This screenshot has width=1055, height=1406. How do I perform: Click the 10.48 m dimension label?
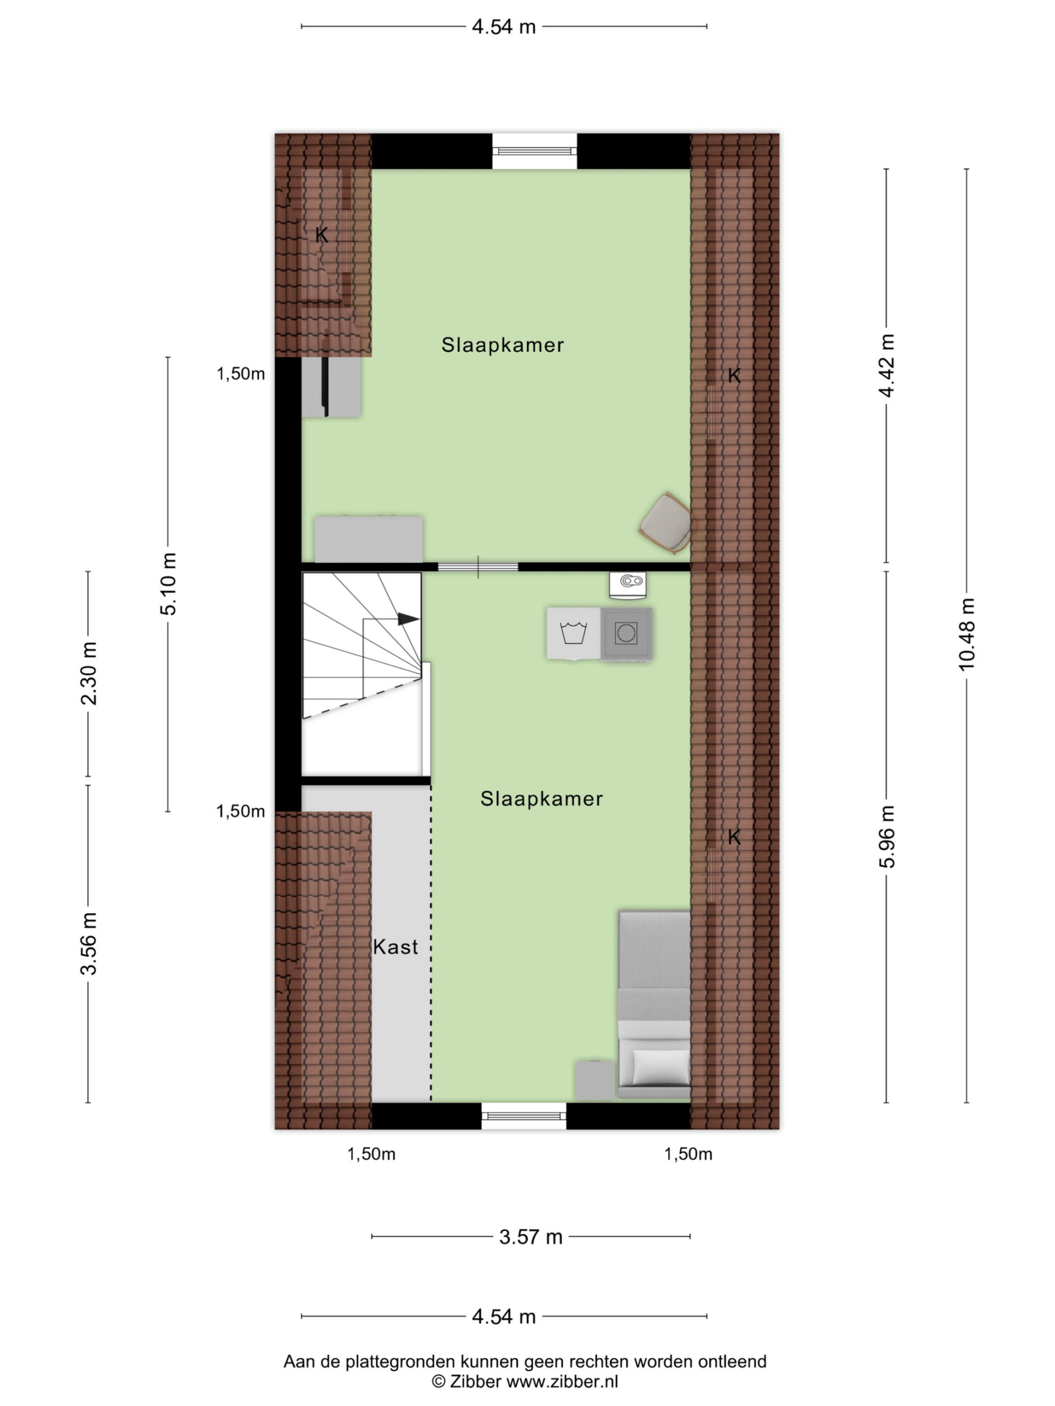(x=966, y=634)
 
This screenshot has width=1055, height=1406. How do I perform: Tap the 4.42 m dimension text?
(x=886, y=365)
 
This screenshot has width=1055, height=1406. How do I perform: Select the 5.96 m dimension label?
(x=886, y=836)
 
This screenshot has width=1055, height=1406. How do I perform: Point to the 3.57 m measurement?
(x=530, y=1237)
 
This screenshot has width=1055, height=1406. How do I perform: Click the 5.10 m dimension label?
(x=169, y=583)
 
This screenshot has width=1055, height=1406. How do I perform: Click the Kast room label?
(x=395, y=947)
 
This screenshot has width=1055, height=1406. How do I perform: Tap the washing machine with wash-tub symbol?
(x=573, y=633)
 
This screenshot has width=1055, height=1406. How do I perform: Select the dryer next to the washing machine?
(x=626, y=633)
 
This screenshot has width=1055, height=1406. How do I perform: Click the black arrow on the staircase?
(x=408, y=618)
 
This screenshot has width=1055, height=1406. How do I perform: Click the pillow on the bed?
(x=660, y=1066)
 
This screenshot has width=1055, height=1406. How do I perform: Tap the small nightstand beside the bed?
(x=595, y=1079)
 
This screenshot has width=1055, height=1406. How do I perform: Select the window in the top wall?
(x=534, y=150)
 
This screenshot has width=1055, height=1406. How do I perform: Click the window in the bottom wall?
(x=523, y=1115)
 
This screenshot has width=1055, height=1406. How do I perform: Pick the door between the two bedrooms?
(x=477, y=566)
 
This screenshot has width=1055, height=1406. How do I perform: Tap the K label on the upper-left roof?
(x=322, y=235)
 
